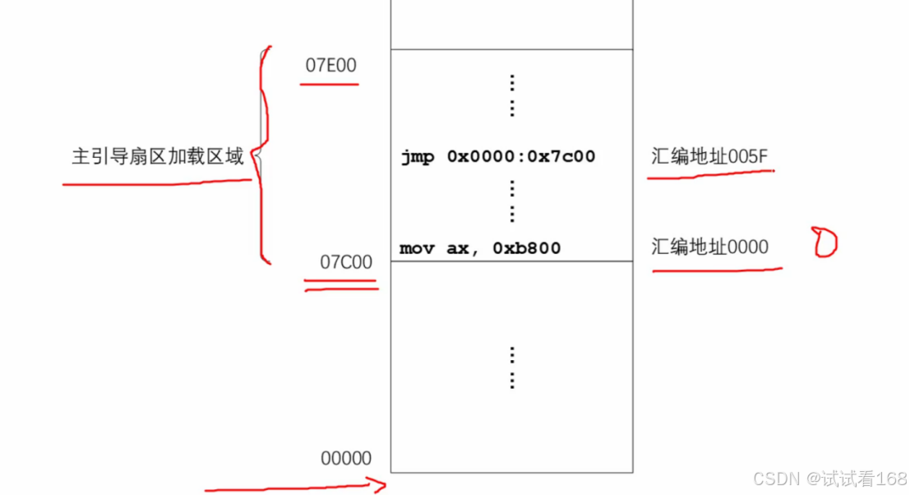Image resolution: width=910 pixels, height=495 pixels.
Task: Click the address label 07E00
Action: click(x=330, y=66)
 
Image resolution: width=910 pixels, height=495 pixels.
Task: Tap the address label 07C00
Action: click(x=346, y=262)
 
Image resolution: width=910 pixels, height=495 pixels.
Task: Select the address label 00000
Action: click(x=346, y=458)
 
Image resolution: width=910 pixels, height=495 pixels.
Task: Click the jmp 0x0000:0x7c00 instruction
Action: click(x=497, y=156)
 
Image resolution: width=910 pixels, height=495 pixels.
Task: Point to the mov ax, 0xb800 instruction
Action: click(x=480, y=247)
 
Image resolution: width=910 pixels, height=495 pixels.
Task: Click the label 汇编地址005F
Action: click(x=710, y=156)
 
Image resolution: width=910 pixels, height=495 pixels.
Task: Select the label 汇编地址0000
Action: click(x=710, y=247)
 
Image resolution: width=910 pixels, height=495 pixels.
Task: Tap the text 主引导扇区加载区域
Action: click(x=157, y=156)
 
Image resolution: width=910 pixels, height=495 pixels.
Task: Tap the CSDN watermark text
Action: click(x=830, y=479)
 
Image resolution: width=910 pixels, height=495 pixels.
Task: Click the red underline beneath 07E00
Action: click(x=329, y=84)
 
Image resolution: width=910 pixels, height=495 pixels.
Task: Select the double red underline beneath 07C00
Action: click(x=340, y=285)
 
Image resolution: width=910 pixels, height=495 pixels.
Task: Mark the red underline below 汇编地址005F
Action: click(x=710, y=174)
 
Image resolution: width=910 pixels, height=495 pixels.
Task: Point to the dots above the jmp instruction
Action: click(x=511, y=95)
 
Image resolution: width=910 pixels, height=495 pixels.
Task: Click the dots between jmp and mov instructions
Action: click(x=511, y=201)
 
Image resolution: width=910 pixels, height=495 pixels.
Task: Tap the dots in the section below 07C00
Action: click(x=511, y=367)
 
